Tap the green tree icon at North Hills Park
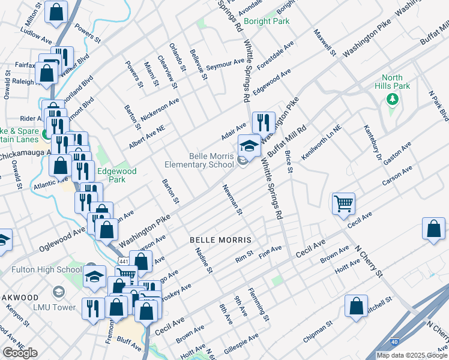(x=393, y=98)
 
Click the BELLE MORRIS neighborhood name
(x=220, y=239)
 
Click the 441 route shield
(x=124, y=262)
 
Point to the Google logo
(x=20, y=353)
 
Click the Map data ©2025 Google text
(x=412, y=355)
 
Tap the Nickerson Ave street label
(x=160, y=110)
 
